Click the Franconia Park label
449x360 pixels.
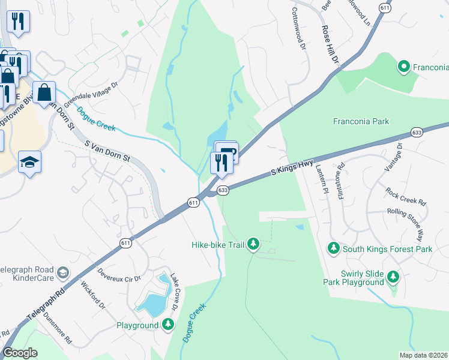[x=361, y=121]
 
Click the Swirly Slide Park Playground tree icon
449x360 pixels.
[x=393, y=277]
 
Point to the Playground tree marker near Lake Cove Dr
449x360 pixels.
[x=169, y=325]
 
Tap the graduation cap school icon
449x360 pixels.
[x=29, y=162]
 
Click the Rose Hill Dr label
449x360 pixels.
[x=331, y=45]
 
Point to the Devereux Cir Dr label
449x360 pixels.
[x=119, y=278]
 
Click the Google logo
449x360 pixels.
[x=20, y=353]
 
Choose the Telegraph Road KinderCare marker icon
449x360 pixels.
[x=62, y=274]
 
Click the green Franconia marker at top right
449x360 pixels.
[x=404, y=66]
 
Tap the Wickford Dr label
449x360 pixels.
[x=92, y=296]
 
